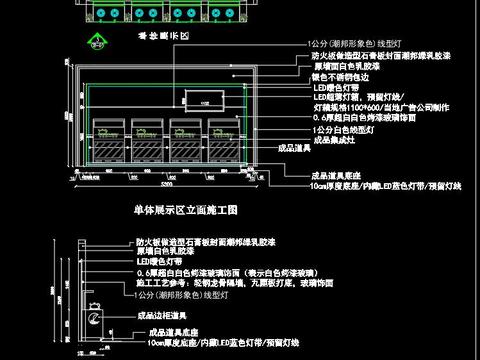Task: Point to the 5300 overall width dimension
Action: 165,185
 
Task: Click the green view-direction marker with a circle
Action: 98,43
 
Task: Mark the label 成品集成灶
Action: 336,141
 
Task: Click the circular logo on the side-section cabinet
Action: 97,319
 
